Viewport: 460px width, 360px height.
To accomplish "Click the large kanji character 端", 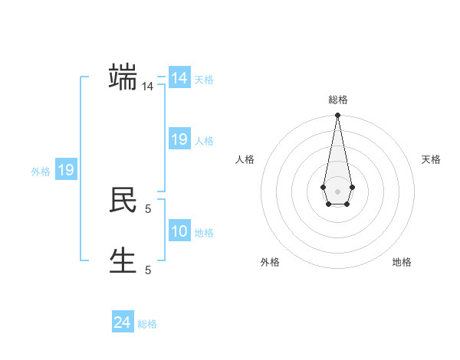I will click(x=123, y=78).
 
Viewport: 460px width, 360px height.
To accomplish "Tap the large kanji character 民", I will click(x=123, y=200).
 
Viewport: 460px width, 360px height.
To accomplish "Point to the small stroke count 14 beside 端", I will click(x=147, y=87).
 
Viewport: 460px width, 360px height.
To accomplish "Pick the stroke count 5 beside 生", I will click(x=148, y=270).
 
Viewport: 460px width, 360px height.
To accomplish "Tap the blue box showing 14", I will click(x=179, y=78).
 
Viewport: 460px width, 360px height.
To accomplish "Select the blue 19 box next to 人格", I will click(x=179, y=139).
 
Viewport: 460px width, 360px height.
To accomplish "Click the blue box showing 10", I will click(x=179, y=231).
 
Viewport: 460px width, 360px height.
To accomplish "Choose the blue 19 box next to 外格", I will click(x=66, y=170).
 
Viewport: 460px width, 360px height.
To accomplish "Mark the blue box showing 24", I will click(x=123, y=322).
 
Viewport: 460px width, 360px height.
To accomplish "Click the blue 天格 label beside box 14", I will click(x=204, y=80).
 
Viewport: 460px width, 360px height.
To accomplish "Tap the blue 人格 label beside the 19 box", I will click(x=204, y=141).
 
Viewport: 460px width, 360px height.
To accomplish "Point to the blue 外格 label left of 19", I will click(x=41, y=172).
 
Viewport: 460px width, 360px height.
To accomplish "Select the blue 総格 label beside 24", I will click(x=147, y=324).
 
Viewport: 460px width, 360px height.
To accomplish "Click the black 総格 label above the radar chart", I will click(x=337, y=100).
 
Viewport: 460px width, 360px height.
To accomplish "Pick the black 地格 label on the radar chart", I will click(x=402, y=262).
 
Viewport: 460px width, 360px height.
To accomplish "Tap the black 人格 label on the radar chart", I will click(x=245, y=159).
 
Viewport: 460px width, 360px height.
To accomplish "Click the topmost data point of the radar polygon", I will click(x=337, y=116).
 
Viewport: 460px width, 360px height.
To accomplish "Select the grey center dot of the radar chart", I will click(x=337, y=191).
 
